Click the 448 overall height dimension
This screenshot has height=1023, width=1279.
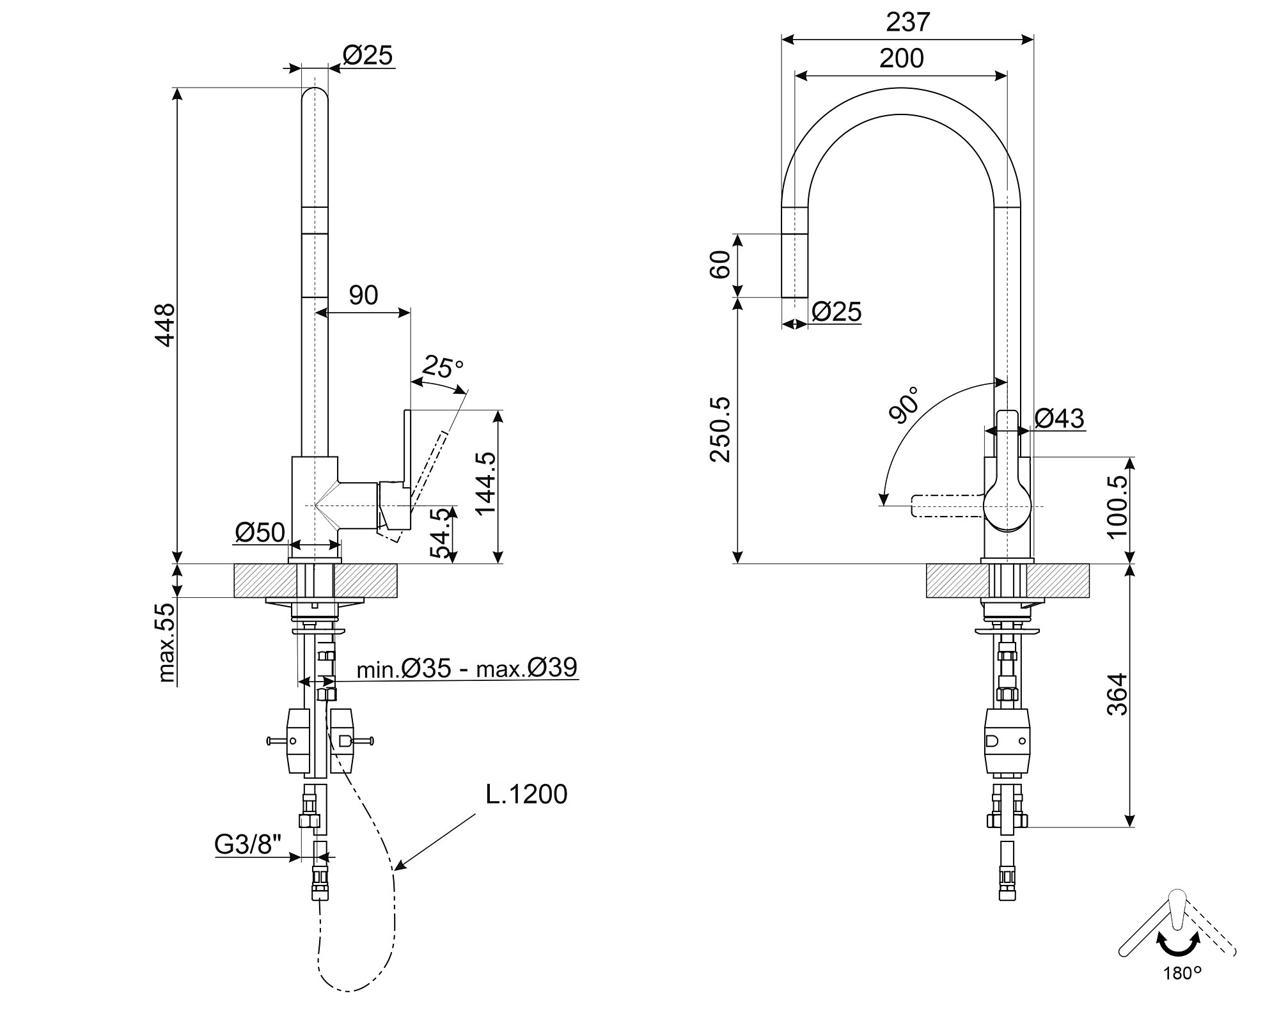[x=166, y=325]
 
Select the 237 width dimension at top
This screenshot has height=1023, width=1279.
[x=907, y=22]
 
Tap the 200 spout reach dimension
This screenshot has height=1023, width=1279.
[x=901, y=59]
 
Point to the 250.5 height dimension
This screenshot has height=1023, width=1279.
[x=721, y=429]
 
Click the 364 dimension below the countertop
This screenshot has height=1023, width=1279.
[x=1117, y=694]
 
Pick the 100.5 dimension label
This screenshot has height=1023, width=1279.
[x=1117, y=507]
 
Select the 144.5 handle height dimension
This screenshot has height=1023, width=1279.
[x=486, y=483]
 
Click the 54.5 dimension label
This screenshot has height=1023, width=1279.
[x=440, y=534]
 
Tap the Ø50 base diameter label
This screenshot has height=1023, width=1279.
[x=260, y=532]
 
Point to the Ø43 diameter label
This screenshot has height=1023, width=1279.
[x=1059, y=418]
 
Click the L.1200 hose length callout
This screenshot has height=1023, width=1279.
[x=526, y=794]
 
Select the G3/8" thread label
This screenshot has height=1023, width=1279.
[x=247, y=845]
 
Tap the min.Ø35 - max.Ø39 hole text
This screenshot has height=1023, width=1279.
[x=467, y=668]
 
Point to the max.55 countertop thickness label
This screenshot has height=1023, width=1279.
[x=166, y=642]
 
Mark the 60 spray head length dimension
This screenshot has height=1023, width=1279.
[x=721, y=265]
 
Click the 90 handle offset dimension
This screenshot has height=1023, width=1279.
[x=363, y=295]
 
